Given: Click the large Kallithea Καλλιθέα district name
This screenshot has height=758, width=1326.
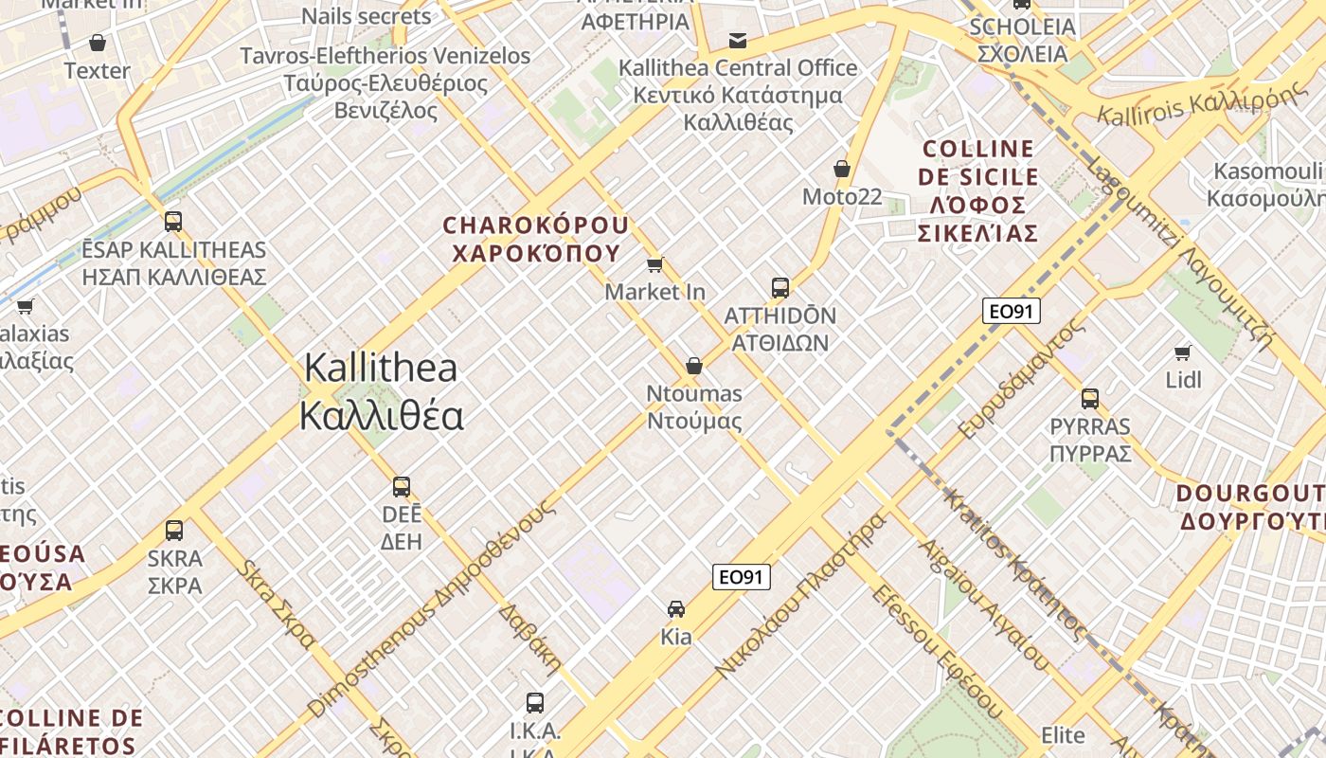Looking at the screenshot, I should [x=380, y=391].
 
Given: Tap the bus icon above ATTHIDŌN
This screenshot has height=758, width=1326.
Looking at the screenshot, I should [x=779, y=287].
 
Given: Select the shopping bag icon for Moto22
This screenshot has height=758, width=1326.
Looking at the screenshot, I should [x=841, y=169].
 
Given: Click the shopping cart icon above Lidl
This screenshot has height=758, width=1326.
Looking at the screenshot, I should [x=1182, y=352].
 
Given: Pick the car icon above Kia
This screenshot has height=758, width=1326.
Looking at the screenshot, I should [x=675, y=608].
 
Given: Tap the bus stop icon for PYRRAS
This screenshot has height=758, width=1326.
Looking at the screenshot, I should [x=1090, y=398].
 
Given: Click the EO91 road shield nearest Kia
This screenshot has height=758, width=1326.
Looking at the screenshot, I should [x=742, y=576].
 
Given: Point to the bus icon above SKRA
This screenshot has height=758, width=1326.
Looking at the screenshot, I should [x=174, y=530].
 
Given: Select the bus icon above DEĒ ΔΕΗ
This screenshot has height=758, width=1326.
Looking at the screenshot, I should [x=402, y=487].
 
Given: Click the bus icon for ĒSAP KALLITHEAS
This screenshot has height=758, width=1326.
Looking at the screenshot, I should [x=173, y=222].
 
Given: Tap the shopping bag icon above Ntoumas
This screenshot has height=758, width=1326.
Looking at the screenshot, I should [x=694, y=366].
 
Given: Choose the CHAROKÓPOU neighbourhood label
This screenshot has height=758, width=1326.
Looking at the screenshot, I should [x=536, y=239].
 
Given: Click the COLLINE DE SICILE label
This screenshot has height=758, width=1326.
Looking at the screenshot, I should [x=978, y=163].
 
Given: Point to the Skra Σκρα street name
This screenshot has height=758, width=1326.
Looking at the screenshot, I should [x=277, y=605].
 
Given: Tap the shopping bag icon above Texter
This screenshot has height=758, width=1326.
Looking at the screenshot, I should [x=97, y=43].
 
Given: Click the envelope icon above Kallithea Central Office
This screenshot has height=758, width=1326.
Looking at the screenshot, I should [x=737, y=40].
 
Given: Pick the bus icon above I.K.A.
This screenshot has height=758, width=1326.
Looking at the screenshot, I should [x=535, y=702].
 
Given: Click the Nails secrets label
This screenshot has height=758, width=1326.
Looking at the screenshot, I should [x=367, y=16].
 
